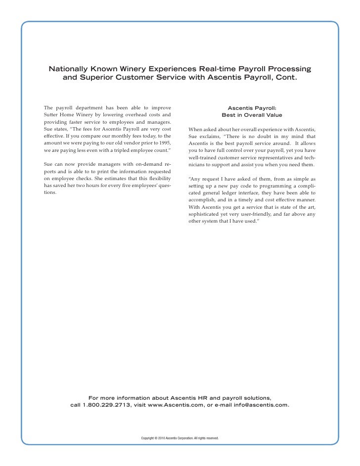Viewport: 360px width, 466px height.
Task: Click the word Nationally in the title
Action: coord(73,67)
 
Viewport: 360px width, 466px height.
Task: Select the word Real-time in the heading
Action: coord(220,67)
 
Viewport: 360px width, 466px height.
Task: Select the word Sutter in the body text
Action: coord(51,115)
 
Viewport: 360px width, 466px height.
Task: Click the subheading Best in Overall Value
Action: coord(252,115)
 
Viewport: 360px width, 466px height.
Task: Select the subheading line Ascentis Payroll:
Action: coord(252,107)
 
